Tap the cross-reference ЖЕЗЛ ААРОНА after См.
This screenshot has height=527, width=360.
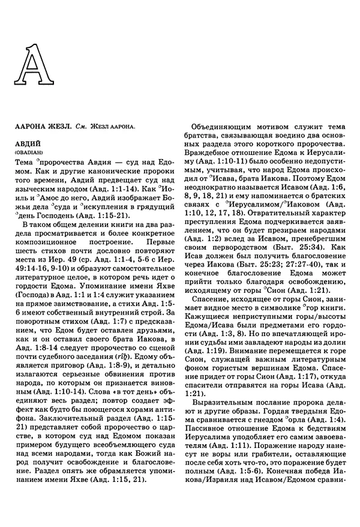[x=111, y=127]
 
